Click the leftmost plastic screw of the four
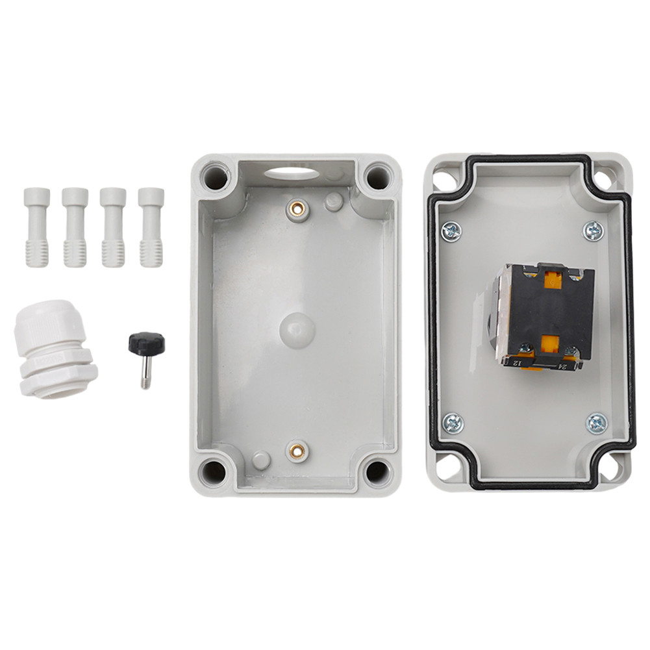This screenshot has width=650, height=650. tap(37, 227)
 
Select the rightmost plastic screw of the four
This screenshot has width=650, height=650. tap(151, 227)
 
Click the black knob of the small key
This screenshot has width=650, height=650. tap(146, 343)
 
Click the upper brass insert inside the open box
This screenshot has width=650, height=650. tap(297, 208)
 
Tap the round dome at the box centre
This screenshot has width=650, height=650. tap(297, 330)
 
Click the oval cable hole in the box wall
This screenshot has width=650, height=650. tap(292, 172)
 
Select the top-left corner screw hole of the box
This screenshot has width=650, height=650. tap(214, 175)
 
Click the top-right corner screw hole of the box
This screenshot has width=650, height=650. tap(377, 175)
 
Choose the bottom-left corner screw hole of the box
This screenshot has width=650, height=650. tap(213, 471)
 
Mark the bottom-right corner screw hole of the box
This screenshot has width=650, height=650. tap(377, 471)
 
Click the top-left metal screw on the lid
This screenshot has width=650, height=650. tap(451, 230)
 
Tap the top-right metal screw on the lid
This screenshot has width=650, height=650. tap(594, 230)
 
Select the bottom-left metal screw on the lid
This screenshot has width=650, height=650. tap(453, 423)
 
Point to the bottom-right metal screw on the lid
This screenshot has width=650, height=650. tap(596, 423)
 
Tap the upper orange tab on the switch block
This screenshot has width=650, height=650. tap(553, 279)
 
